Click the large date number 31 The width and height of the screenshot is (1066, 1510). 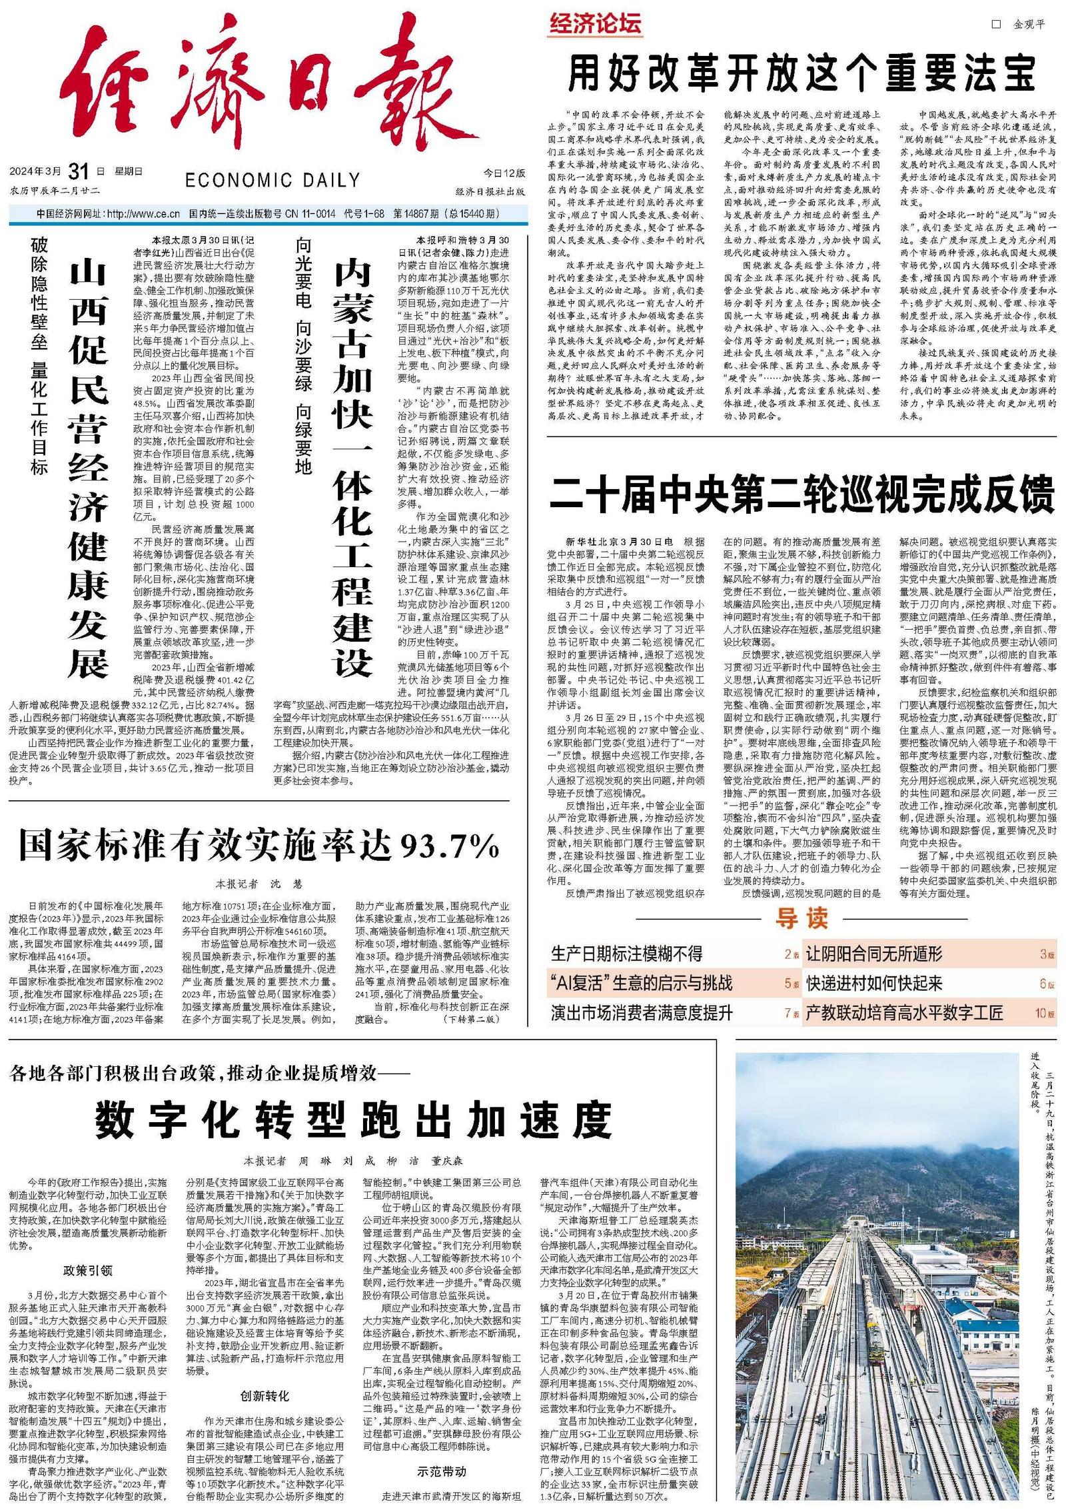pyautogui.click(x=79, y=172)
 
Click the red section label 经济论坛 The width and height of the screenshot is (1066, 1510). pyautogui.click(x=595, y=24)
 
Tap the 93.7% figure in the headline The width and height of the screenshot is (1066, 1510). pyautogui.click(x=450, y=846)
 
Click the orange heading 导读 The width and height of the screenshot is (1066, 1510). pyautogui.click(x=801, y=918)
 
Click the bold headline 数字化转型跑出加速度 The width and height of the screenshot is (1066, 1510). pyautogui.click(x=353, y=1120)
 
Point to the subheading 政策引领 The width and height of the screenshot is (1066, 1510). pyautogui.click(x=88, y=1270)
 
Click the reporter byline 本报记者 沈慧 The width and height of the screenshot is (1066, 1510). pyautogui.click(x=259, y=884)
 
